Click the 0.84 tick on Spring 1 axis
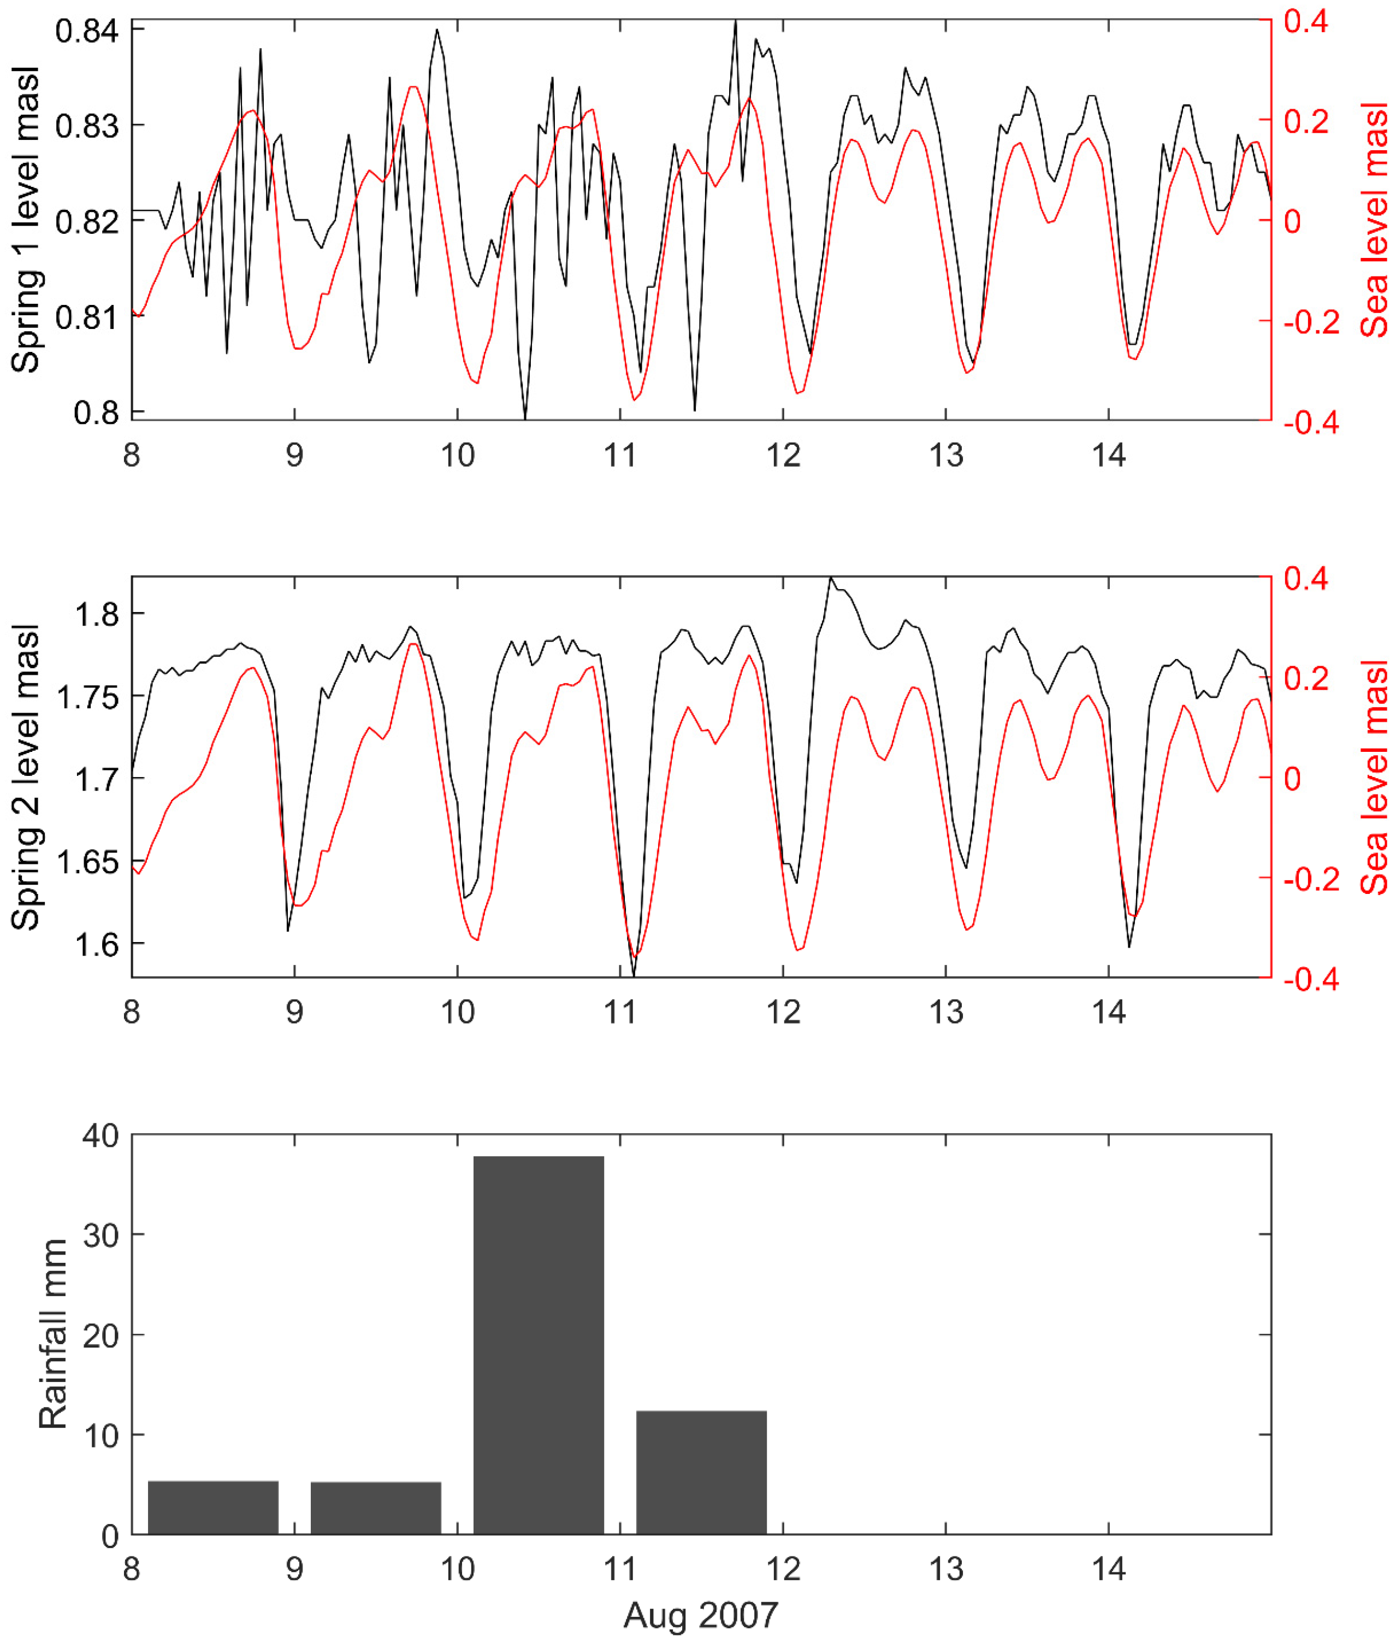coord(87,32)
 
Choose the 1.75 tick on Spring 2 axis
coord(87,697)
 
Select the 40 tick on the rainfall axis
coord(100,1136)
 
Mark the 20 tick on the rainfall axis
coord(100,1335)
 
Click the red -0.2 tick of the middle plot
coord(1311,879)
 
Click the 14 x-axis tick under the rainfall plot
coord(1109,1568)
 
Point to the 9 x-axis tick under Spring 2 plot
coord(294,1013)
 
